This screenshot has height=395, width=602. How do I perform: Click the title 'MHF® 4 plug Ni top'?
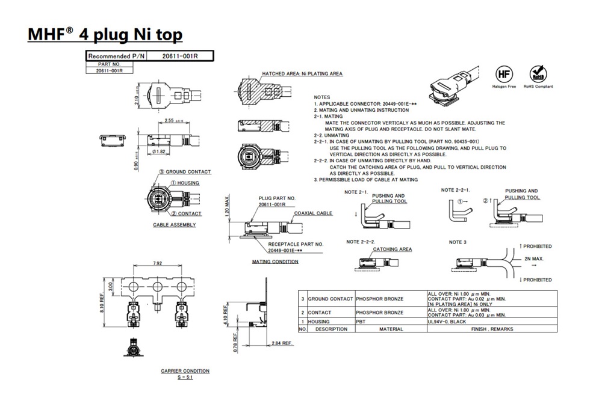[x=105, y=34]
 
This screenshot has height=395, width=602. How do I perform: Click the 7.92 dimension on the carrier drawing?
[x=158, y=263]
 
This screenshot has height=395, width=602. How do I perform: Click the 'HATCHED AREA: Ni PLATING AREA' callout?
[x=302, y=73]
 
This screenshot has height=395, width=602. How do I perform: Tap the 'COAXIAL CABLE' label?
[x=313, y=213]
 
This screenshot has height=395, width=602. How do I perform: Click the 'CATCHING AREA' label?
[x=393, y=249]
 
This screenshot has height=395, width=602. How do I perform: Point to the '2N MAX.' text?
[x=532, y=259]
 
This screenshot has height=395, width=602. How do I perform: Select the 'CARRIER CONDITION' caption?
[x=185, y=371]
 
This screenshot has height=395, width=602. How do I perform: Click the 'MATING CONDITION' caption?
[x=275, y=262]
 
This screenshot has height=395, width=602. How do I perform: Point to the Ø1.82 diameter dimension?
[x=159, y=151]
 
